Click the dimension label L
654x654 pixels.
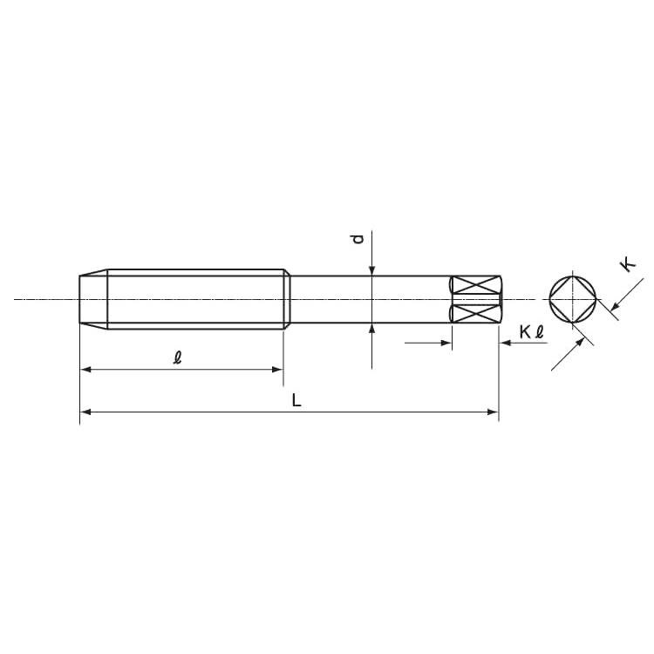(x=296, y=401)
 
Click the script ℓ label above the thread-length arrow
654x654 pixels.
(x=178, y=358)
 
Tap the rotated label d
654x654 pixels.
(x=358, y=239)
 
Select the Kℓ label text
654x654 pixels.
(x=532, y=332)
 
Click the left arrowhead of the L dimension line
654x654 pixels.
(x=85, y=412)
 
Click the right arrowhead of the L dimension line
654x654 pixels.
(x=493, y=412)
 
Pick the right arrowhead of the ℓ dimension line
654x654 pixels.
(x=278, y=369)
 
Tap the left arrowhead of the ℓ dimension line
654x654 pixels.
(x=85, y=369)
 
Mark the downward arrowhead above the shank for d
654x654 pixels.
(x=371, y=270)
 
